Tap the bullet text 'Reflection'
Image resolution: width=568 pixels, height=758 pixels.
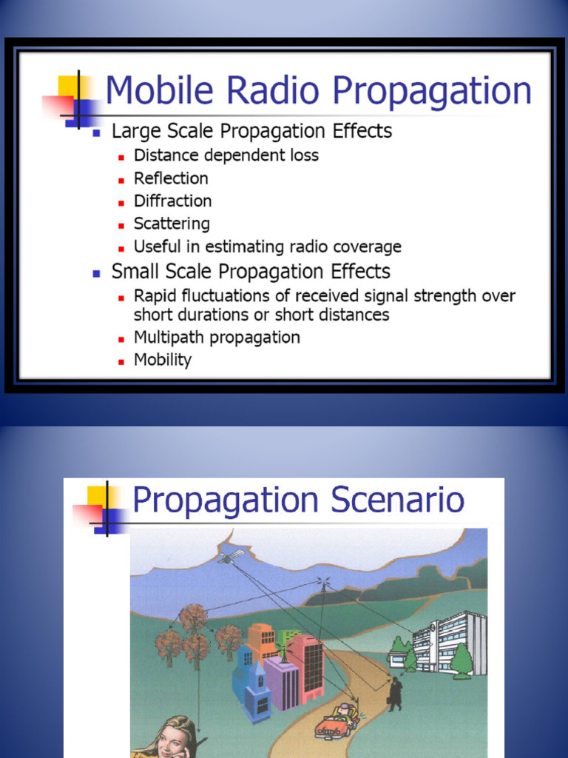171,178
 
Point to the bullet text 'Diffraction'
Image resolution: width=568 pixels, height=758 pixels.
172,201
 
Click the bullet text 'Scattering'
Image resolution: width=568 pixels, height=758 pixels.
172,224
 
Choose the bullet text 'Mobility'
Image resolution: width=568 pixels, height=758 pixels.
163,360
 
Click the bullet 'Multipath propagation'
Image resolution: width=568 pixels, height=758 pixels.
217,338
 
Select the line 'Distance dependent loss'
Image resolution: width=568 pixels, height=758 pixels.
226,155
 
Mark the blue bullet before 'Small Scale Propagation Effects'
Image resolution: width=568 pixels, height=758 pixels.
96,273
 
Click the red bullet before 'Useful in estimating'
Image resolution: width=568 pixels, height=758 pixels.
121,248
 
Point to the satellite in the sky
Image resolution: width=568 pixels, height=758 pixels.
229,556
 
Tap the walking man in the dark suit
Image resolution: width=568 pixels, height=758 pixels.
396,693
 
